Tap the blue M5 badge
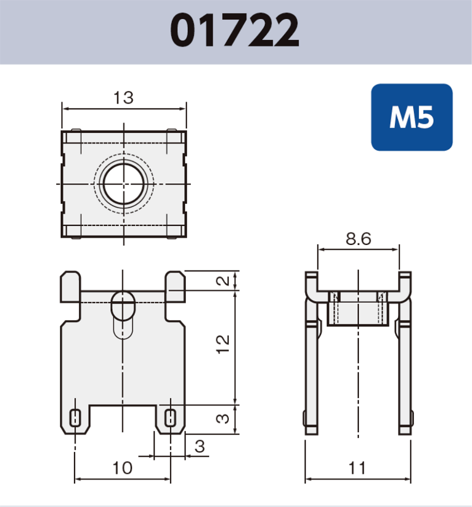tap(411, 118)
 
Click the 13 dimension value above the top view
tap(123, 98)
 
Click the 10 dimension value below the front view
tap(123, 468)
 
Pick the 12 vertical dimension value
tap(223, 347)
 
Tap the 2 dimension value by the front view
tap(223, 281)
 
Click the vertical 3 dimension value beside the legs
tap(223, 419)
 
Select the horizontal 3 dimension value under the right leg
tap(200, 447)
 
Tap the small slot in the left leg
tap(76, 418)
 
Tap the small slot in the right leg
tap(170, 418)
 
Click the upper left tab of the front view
tap(71, 286)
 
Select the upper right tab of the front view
tap(175, 286)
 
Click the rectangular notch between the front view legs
tap(123, 418)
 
